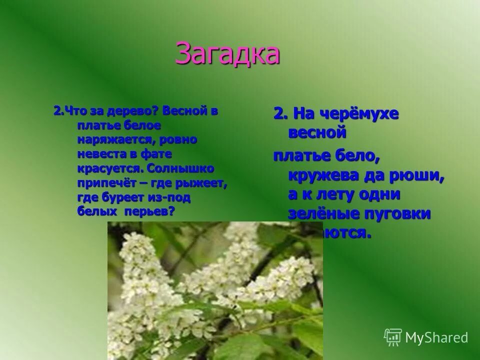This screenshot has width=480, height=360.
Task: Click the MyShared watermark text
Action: click(436, 337)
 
